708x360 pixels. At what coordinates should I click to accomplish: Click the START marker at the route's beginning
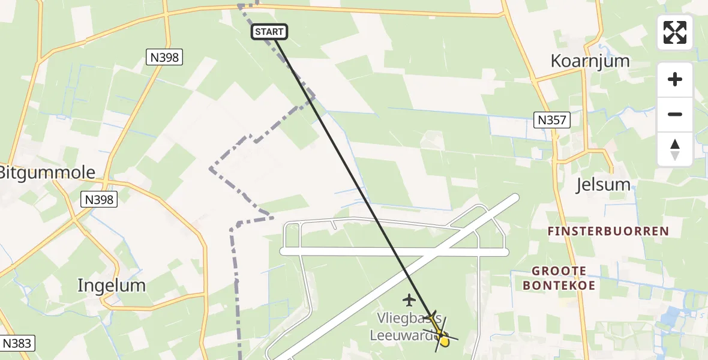[270, 32]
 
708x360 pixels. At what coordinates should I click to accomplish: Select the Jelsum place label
[603, 184]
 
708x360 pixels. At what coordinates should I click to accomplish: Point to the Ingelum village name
[112, 286]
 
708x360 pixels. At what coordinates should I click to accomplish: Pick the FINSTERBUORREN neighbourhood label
[608, 231]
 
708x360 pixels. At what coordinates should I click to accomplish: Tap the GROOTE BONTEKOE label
[559, 278]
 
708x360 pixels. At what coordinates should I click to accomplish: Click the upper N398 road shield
[164, 58]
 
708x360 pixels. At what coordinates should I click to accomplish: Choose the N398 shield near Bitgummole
[98, 199]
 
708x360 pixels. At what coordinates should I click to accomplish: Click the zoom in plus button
[675, 79]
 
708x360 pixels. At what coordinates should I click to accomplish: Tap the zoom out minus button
[675, 114]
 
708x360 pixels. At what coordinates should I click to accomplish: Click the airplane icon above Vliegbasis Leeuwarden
[410, 299]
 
